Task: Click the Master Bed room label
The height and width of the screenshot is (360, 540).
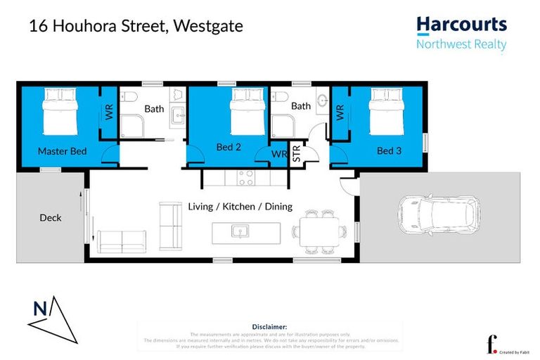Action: (x=62, y=151)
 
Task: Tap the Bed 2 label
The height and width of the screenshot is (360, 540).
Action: (x=228, y=147)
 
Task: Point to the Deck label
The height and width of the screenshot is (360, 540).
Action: (x=50, y=218)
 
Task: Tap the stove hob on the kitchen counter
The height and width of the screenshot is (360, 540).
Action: (x=245, y=178)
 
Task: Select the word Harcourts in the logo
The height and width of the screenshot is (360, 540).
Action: (x=461, y=25)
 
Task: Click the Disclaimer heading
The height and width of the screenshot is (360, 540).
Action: (x=269, y=327)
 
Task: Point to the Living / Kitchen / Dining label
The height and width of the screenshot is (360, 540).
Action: (x=240, y=207)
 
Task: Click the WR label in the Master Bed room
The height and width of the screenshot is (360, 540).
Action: (x=109, y=113)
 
